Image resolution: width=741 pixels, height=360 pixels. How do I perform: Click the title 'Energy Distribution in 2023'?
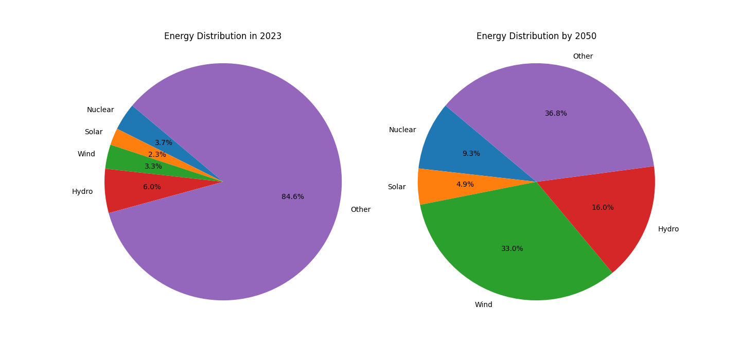[222, 37]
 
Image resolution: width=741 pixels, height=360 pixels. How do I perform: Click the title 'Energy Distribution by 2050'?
[536, 37]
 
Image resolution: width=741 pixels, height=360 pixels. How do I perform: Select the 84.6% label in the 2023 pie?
[292, 197]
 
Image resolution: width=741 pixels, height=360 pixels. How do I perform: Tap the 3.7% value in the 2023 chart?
[164, 143]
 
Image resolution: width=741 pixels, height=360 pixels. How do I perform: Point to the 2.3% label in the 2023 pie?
[157, 155]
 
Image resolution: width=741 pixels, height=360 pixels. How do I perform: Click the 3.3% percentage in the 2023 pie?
[153, 167]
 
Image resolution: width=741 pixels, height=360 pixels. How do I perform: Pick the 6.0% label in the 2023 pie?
[152, 187]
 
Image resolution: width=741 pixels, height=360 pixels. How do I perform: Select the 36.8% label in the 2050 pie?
[556, 114]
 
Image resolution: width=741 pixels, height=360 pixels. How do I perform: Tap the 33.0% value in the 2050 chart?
[512, 249]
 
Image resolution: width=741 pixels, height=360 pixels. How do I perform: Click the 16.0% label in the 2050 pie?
[602, 208]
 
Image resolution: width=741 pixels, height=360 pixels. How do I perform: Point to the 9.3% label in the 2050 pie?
[471, 154]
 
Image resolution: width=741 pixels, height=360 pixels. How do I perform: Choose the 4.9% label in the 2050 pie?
[465, 185]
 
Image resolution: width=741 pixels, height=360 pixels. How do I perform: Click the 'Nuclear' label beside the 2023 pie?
[100, 110]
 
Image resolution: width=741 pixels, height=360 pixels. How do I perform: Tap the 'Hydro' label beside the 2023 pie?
[82, 192]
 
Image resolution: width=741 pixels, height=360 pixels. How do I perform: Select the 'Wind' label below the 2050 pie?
[483, 305]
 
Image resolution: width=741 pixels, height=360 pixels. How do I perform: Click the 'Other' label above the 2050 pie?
[583, 57]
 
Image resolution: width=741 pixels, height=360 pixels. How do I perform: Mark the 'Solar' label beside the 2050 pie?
[396, 187]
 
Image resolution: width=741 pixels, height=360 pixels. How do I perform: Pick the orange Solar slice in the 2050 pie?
[437, 186]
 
